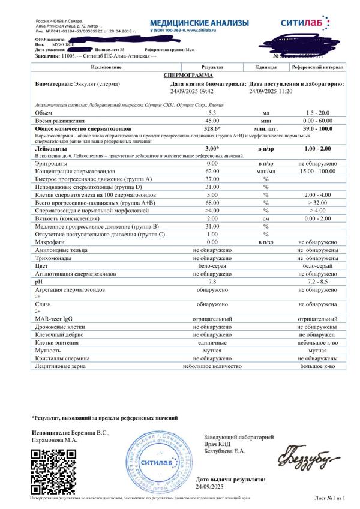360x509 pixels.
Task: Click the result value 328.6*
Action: pyautogui.click(x=212, y=128)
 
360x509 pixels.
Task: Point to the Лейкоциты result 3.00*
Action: pyautogui.click(x=212, y=148)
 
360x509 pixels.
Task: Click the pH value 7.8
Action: pyautogui.click(x=212, y=280)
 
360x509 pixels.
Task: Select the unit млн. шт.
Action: pyautogui.click(x=265, y=128)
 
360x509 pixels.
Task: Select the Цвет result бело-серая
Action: pyautogui.click(x=212, y=265)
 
